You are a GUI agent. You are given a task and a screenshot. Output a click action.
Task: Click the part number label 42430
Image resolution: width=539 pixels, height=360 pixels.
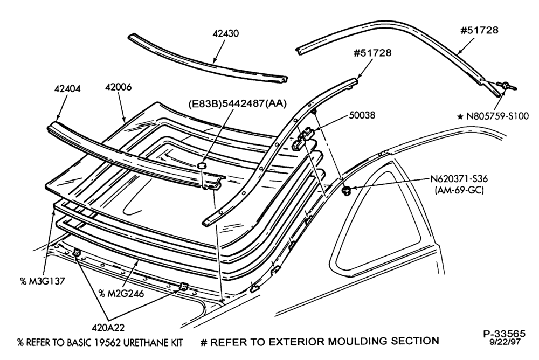(225, 34)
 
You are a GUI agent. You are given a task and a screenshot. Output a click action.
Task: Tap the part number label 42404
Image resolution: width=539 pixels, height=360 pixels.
(67, 89)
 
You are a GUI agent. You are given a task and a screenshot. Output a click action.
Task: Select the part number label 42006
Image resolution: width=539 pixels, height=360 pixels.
(118, 87)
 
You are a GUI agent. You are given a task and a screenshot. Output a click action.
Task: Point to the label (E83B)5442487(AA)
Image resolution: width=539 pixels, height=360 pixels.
(237, 103)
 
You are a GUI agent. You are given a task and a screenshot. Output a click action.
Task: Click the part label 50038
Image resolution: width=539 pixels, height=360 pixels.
(362, 115)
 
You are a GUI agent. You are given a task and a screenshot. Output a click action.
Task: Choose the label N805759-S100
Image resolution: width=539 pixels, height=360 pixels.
(497, 116)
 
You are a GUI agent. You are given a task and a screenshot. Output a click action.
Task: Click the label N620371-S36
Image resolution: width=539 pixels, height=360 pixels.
(459, 179)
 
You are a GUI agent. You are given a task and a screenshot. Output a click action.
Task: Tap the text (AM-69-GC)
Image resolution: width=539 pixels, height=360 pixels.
(459, 190)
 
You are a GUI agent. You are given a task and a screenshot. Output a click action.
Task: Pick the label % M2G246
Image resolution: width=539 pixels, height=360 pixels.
(121, 293)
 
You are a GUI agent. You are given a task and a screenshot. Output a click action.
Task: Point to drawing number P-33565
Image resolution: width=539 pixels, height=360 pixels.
(505, 334)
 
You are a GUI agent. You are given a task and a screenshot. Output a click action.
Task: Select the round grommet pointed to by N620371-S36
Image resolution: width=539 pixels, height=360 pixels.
(346, 190)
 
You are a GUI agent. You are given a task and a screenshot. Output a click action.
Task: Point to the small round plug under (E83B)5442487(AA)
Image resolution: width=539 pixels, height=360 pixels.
(201, 166)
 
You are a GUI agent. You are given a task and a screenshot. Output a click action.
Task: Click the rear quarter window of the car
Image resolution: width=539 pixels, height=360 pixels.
(382, 220)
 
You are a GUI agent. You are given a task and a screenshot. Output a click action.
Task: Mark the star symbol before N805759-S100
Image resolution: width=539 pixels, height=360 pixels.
(460, 117)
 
